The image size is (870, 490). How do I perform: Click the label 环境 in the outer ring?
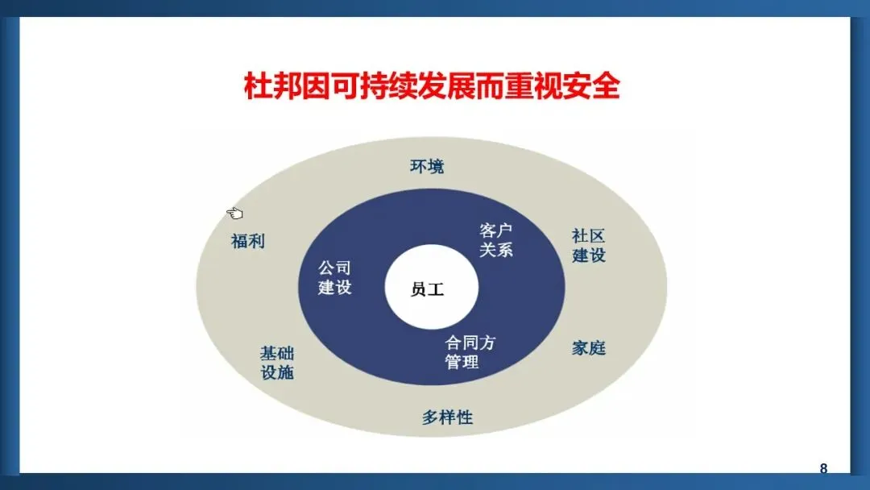tap(427, 167)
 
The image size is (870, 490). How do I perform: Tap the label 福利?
tap(247, 241)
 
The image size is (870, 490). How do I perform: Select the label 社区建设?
tap(588, 246)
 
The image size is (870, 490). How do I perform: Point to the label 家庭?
tap(588, 348)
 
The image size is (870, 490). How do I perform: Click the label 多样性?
tap(447, 417)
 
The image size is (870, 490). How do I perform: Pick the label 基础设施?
tap(276, 363)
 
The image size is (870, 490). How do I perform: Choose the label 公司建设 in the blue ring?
tap(334, 278)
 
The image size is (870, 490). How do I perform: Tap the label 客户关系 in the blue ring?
tap(495, 240)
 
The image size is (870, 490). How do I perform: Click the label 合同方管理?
tap(470, 352)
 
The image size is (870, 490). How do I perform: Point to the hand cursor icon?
tap(234, 213)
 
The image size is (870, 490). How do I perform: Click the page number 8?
tap(823, 468)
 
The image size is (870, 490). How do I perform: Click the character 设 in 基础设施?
tap(268, 372)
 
